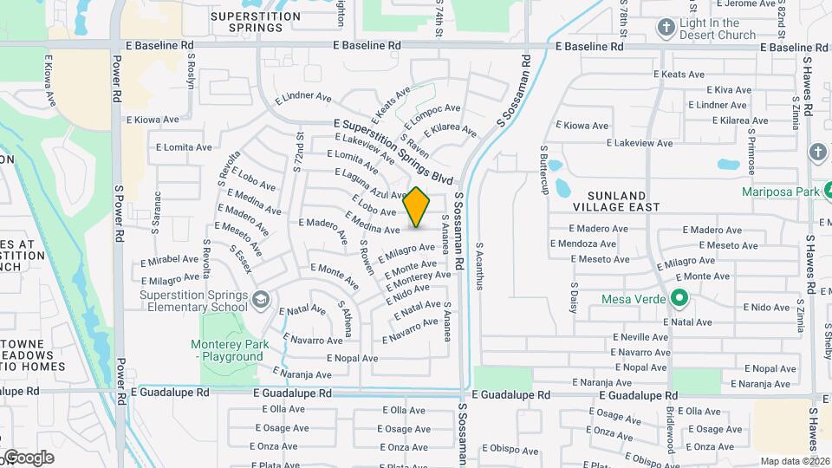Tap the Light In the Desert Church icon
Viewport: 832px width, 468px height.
tap(666, 27)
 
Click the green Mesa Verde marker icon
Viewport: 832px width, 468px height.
tap(680, 300)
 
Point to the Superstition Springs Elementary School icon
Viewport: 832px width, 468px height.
tap(261, 300)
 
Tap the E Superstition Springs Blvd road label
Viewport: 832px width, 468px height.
tap(393, 152)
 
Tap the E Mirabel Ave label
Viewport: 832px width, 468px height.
tap(170, 259)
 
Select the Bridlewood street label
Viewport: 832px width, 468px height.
tap(670, 429)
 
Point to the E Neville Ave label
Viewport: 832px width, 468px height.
tap(640, 337)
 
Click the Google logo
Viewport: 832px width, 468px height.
tap(28, 458)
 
